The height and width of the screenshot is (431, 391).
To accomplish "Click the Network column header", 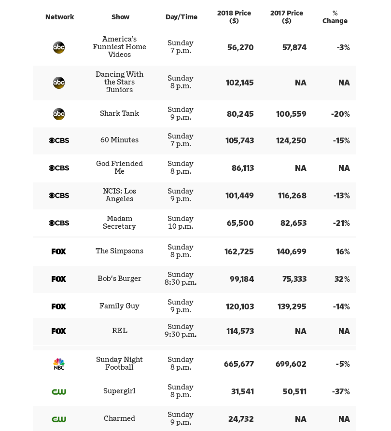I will tap(59, 17).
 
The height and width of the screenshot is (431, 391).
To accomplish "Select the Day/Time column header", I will tap(181, 17).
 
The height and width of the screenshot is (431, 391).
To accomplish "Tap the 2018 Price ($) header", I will tap(234, 17).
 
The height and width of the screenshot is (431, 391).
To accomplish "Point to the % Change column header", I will tap(335, 17).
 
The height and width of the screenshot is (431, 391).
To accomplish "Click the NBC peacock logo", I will tap(59, 364).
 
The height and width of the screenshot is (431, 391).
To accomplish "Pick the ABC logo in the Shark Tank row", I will tap(59, 114).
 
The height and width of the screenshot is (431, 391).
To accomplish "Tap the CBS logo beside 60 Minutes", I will tap(59, 140).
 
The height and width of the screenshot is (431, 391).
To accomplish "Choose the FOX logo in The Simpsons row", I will tap(59, 251).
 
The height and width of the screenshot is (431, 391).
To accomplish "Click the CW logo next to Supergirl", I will tap(59, 391).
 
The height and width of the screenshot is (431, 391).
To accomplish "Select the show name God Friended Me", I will tap(119, 167).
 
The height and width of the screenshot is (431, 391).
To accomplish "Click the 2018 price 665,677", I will tap(239, 364).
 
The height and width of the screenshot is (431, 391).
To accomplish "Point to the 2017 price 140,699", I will tap(292, 251).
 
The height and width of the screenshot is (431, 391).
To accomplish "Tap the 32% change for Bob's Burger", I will tap(342, 279).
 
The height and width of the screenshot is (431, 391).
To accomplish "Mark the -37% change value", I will tap(341, 391).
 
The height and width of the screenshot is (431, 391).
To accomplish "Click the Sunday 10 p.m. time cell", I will tap(181, 222).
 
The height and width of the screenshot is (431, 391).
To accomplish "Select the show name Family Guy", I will tap(119, 306).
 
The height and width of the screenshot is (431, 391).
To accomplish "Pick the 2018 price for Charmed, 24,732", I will tap(241, 419).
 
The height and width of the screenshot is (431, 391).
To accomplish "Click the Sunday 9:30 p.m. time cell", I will tap(181, 331).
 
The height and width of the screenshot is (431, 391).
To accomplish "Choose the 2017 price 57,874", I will tap(294, 47).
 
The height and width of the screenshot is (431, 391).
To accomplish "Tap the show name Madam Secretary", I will tap(119, 222).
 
